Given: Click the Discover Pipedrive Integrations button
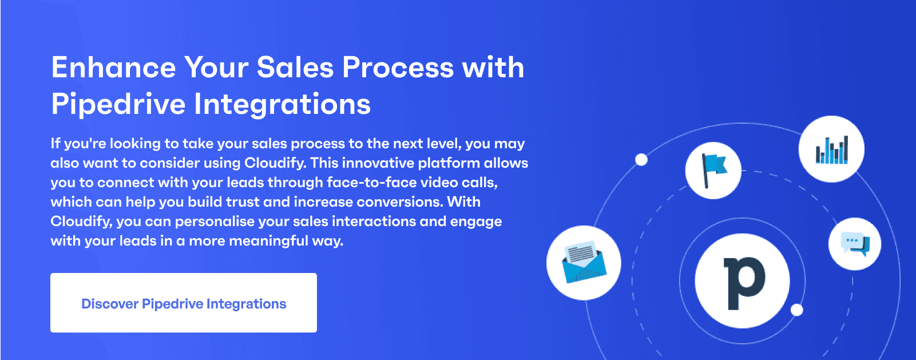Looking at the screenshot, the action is click(184, 303).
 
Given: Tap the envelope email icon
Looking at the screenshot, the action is click(584, 263).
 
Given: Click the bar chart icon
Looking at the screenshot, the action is click(832, 150).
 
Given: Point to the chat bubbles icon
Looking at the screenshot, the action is click(855, 244).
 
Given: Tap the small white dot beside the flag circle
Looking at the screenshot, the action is click(641, 160).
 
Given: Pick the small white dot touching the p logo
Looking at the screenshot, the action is click(796, 310).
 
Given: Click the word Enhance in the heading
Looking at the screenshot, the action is click(114, 68).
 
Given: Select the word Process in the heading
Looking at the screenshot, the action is click(398, 68).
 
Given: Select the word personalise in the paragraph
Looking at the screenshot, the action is click(220, 222).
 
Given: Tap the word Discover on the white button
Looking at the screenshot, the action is click(110, 304).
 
